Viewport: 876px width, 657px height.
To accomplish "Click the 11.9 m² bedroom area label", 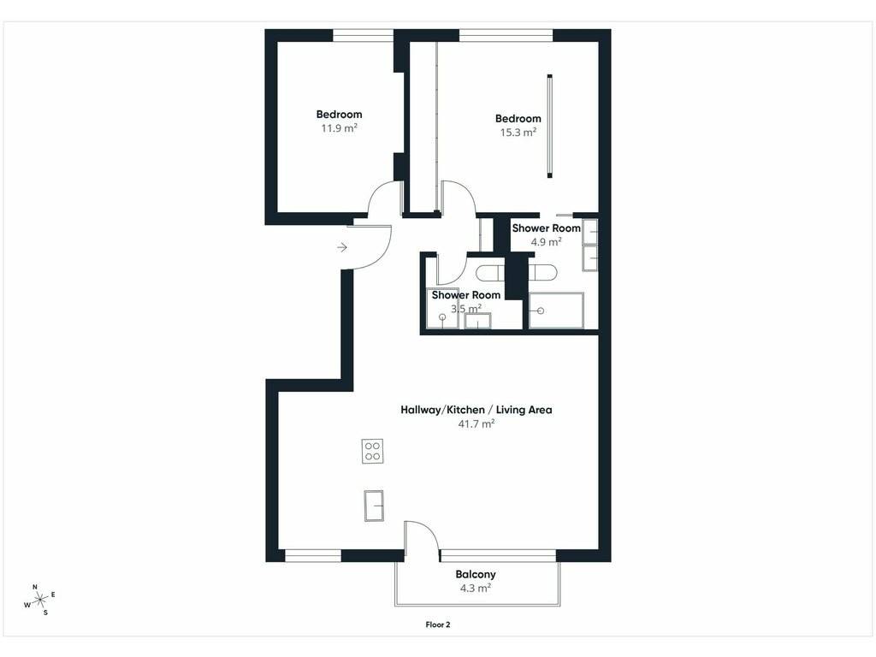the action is coord(339,128).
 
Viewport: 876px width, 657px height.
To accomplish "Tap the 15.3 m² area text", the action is coord(518,133).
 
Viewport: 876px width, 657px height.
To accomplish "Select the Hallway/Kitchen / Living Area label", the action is coord(476,410).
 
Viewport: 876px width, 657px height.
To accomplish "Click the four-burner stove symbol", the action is coord(373,451).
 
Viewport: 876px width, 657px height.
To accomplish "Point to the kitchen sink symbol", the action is coord(374,506).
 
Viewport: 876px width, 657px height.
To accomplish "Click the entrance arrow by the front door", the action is coord(342,247).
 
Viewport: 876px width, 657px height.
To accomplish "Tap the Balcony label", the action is coord(476,574).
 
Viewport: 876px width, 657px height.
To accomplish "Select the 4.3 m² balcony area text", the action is coord(476,588).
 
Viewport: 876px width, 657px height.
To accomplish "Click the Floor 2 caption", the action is coord(438,624).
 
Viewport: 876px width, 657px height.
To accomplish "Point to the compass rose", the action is coord(39,600).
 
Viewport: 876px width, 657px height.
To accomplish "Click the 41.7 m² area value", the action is coord(476,423).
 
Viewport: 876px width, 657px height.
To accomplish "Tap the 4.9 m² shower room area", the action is coord(546,242).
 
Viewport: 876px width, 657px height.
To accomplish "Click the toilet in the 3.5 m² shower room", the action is coord(490,273).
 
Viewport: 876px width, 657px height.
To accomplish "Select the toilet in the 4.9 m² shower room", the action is coord(542,273).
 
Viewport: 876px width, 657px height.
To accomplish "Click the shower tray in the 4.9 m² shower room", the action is coord(556,311).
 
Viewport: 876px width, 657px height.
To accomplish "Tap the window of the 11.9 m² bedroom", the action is coord(363,37).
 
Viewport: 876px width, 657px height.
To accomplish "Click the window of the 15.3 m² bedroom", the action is coord(506,37).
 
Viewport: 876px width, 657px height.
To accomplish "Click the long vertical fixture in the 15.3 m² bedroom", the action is coord(550,127).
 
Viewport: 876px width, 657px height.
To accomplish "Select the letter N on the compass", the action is coord(34,587).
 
